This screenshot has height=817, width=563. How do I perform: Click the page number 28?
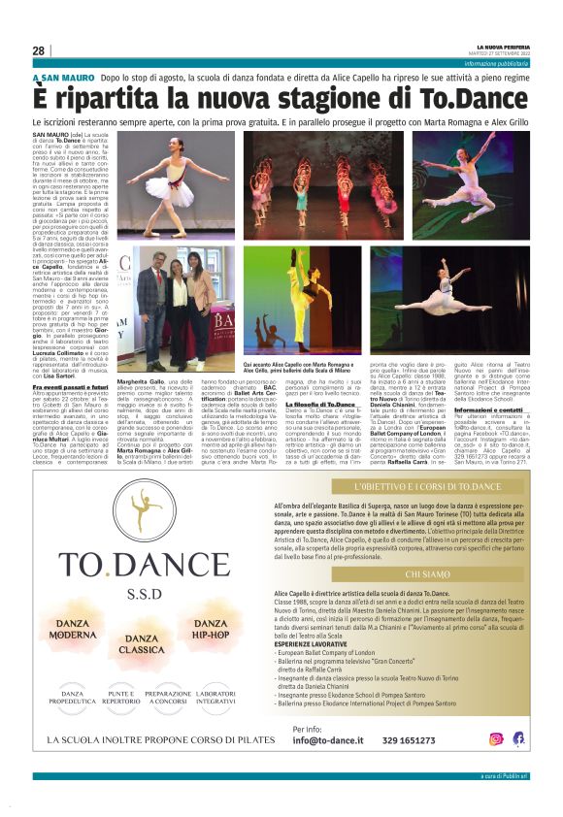pyautogui.click(x=39, y=50)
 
